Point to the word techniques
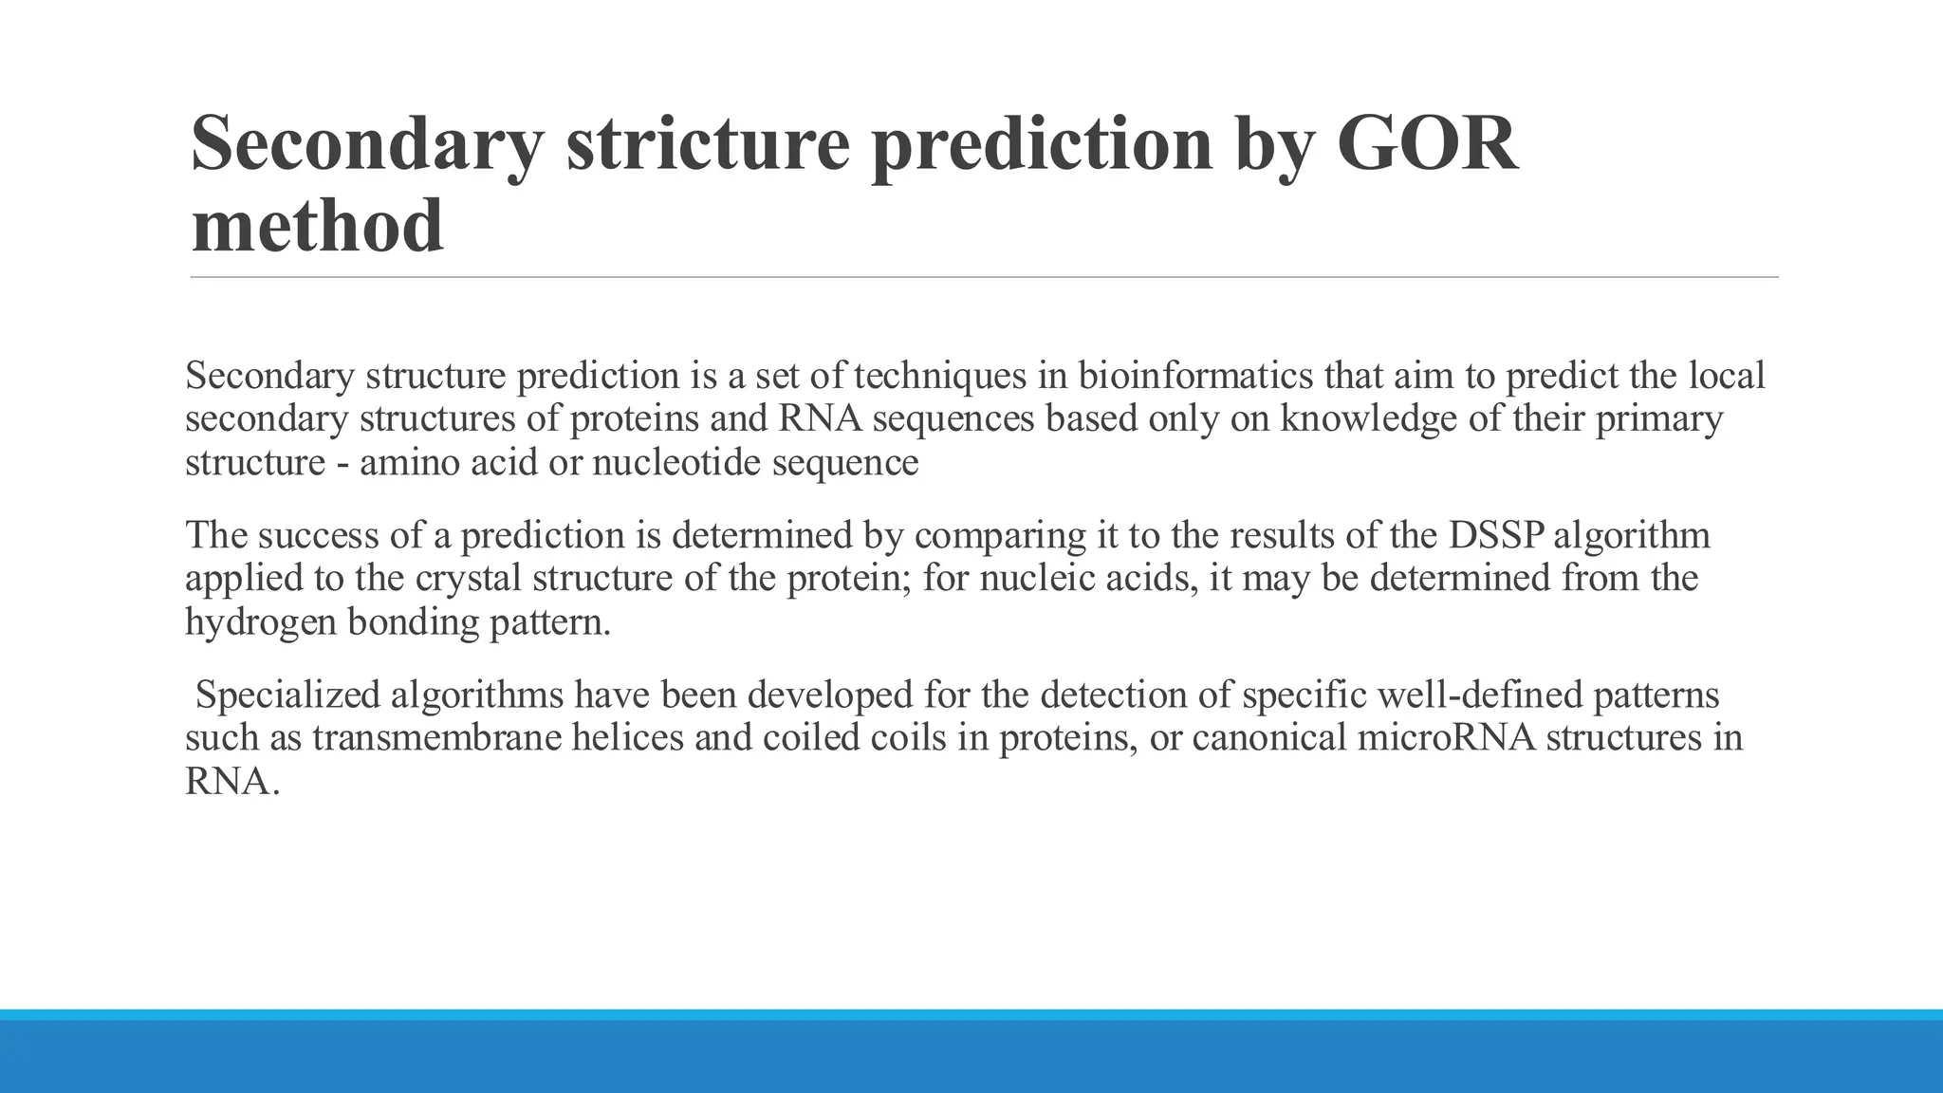[940, 376]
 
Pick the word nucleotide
[676, 463]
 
